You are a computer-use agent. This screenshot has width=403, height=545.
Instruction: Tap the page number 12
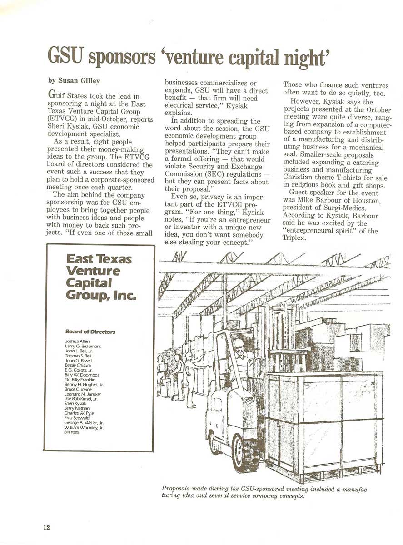(x=46, y=527)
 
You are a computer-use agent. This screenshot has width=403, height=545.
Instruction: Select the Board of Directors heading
(x=90, y=332)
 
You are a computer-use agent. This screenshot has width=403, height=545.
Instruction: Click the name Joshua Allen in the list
(x=78, y=341)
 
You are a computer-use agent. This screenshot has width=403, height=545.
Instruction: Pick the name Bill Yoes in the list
(x=72, y=433)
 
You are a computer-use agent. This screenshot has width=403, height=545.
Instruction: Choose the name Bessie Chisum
(x=78, y=365)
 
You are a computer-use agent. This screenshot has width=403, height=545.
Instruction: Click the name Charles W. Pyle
(x=80, y=413)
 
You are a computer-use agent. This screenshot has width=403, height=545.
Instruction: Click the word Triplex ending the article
(x=295, y=239)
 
